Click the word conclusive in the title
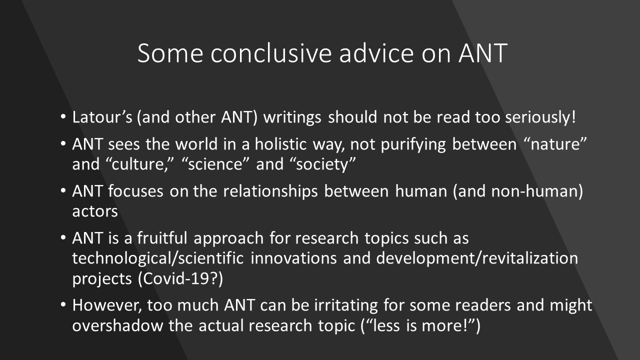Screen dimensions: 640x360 pyautogui.click(x=271, y=53)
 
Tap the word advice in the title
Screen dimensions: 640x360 pyautogui.click(x=376, y=53)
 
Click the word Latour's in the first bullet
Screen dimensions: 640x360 pyautogui.click(x=102, y=117)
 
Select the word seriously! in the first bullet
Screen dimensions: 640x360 pyautogui.click(x=540, y=117)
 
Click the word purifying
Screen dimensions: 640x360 pyautogui.click(x=413, y=144)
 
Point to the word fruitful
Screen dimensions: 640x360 pyautogui.click(x=162, y=238)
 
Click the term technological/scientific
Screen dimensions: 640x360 pyautogui.click(x=157, y=258)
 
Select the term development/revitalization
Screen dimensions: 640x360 pyautogui.click(x=477, y=258)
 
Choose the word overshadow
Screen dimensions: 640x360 pyautogui.click(x=117, y=325)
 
